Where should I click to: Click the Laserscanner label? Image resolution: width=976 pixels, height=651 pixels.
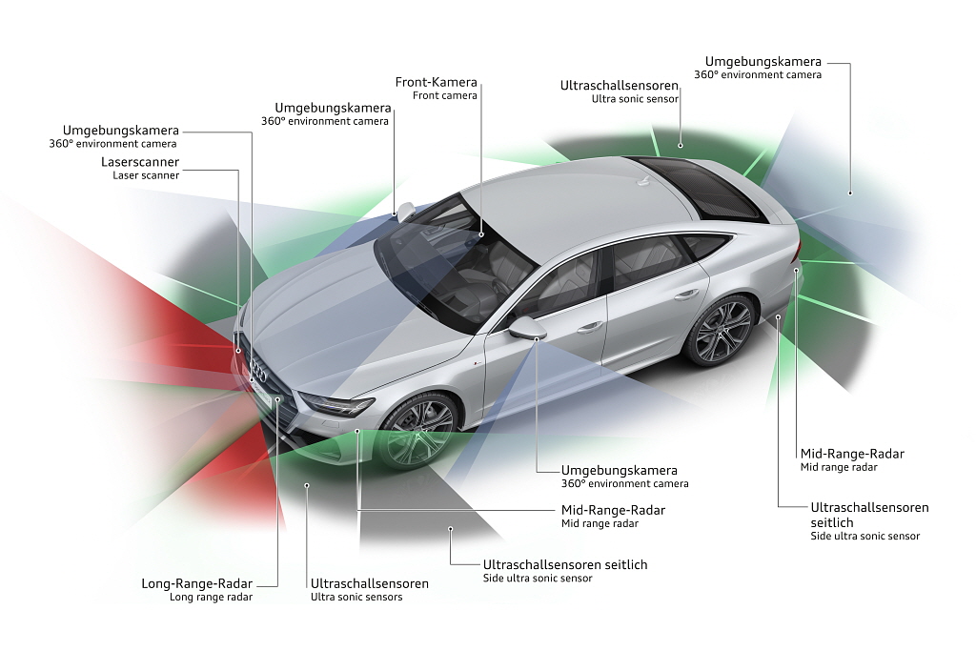click(x=140, y=162)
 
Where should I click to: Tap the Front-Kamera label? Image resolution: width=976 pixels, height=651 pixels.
click(x=436, y=82)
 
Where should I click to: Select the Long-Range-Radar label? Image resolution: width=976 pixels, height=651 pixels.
click(x=196, y=583)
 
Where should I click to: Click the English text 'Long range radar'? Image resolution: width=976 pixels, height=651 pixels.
click(x=211, y=597)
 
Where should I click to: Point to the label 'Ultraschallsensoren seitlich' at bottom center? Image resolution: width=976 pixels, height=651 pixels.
click(x=565, y=564)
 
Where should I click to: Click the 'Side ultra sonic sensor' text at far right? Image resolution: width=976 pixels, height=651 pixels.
click(x=864, y=536)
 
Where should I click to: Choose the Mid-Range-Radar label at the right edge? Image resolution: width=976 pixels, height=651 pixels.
click(x=852, y=454)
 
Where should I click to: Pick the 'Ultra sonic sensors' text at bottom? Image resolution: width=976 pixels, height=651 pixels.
click(x=356, y=597)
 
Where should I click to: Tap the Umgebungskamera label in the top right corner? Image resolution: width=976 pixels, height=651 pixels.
click(x=763, y=62)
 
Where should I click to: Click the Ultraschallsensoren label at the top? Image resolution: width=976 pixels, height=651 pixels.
click(x=619, y=86)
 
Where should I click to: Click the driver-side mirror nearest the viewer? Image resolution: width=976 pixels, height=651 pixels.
click(x=527, y=328)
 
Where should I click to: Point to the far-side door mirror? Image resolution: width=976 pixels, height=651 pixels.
click(x=405, y=211)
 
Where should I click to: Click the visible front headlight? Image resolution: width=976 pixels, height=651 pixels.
click(x=336, y=405)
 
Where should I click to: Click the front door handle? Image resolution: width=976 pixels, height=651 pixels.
click(x=589, y=326)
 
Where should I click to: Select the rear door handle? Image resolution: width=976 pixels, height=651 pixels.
click(x=686, y=295)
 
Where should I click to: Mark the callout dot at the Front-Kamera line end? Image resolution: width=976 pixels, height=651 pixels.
click(x=481, y=235)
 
